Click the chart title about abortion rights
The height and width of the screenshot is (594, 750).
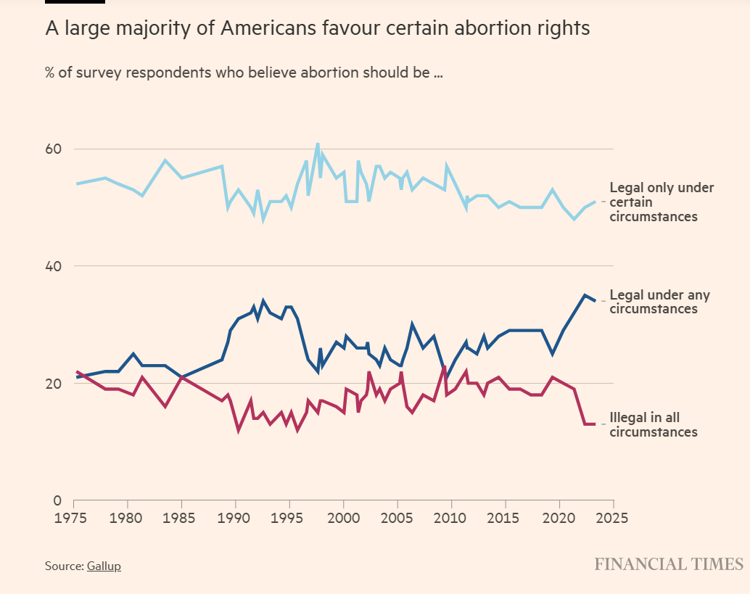coord(318,28)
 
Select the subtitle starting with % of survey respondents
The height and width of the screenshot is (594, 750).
coord(244,73)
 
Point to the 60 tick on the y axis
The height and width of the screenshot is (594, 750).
coord(54,149)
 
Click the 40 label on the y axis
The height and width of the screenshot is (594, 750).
coord(54,266)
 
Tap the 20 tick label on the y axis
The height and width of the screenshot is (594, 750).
coord(54,384)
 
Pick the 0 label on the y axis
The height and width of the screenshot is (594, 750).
coord(59,500)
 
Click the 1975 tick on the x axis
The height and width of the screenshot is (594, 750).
coord(74,519)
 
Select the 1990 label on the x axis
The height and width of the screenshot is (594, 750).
coord(236,519)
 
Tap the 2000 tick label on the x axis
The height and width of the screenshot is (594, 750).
coord(343,519)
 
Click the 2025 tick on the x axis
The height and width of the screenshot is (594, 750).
coord(613,519)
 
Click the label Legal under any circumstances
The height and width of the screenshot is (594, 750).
coord(659,302)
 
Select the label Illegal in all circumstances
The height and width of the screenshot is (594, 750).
coord(653,425)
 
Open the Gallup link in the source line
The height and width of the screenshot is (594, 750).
coord(104,566)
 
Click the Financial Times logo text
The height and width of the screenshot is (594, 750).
coord(669,564)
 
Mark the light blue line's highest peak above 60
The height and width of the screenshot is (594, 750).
coord(318,144)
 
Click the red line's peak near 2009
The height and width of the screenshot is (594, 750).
coord(444,366)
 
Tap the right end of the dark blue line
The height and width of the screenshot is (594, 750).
coord(596,300)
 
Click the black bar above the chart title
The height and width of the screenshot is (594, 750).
coord(75,1)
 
